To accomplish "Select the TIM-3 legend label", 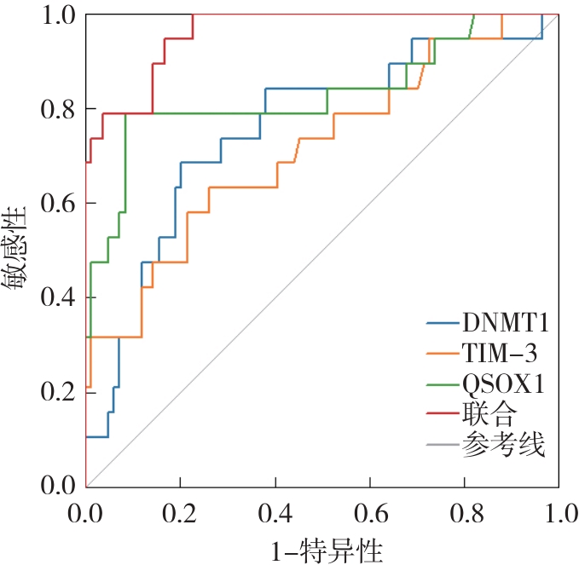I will coord(500,354).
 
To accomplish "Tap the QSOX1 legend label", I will coord(504,384).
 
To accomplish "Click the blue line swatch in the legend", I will coord(443,324).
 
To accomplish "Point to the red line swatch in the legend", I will coord(443,415).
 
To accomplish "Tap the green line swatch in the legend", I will coord(443,384).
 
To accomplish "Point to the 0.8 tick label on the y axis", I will coord(56,110).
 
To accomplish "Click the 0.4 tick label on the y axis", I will coord(56,297).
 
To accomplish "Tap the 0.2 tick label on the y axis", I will coord(56,392).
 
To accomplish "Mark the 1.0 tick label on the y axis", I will coord(56,15).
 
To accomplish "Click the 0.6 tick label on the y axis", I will coord(56,204).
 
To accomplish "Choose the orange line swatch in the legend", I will coord(443,355).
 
